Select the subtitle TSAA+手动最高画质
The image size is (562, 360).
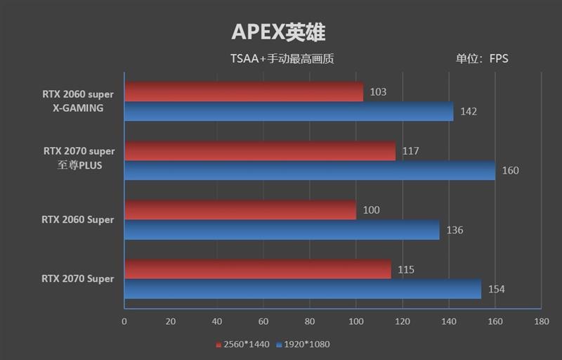[x=281, y=59]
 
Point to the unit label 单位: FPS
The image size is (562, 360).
[x=481, y=59]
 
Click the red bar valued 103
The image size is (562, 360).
[x=244, y=92]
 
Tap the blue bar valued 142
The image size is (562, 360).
[x=289, y=111]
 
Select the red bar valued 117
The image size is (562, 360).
[x=260, y=150]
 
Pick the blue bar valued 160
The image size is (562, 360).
[x=310, y=169]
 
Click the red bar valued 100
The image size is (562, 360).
[x=240, y=210]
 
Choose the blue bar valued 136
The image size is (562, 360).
[x=282, y=229]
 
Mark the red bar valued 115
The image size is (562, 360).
[x=258, y=269]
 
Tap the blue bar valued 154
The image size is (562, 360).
[x=303, y=288]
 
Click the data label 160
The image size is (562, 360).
[x=510, y=170]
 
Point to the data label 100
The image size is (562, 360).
[x=372, y=210]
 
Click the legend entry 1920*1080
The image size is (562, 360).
[x=303, y=345]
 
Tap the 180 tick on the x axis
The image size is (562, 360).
[x=541, y=321]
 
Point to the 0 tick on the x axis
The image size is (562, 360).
[x=124, y=321]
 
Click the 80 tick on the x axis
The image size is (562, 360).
[x=310, y=321]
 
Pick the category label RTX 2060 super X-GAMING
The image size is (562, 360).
[x=78, y=101]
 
